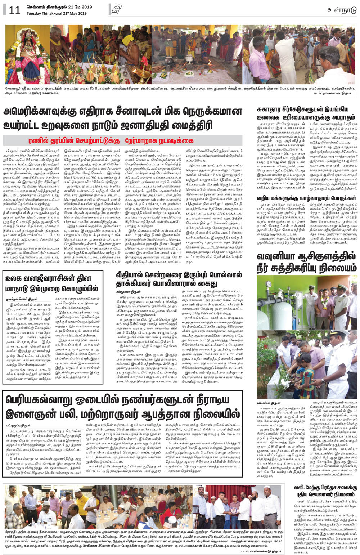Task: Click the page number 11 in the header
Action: pos(14,10)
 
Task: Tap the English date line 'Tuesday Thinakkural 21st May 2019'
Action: pos(57,14)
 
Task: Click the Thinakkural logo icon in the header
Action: pos(116,9)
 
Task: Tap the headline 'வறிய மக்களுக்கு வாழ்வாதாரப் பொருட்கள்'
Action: pos(306,198)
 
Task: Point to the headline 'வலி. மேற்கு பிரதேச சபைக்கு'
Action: pos(324,487)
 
